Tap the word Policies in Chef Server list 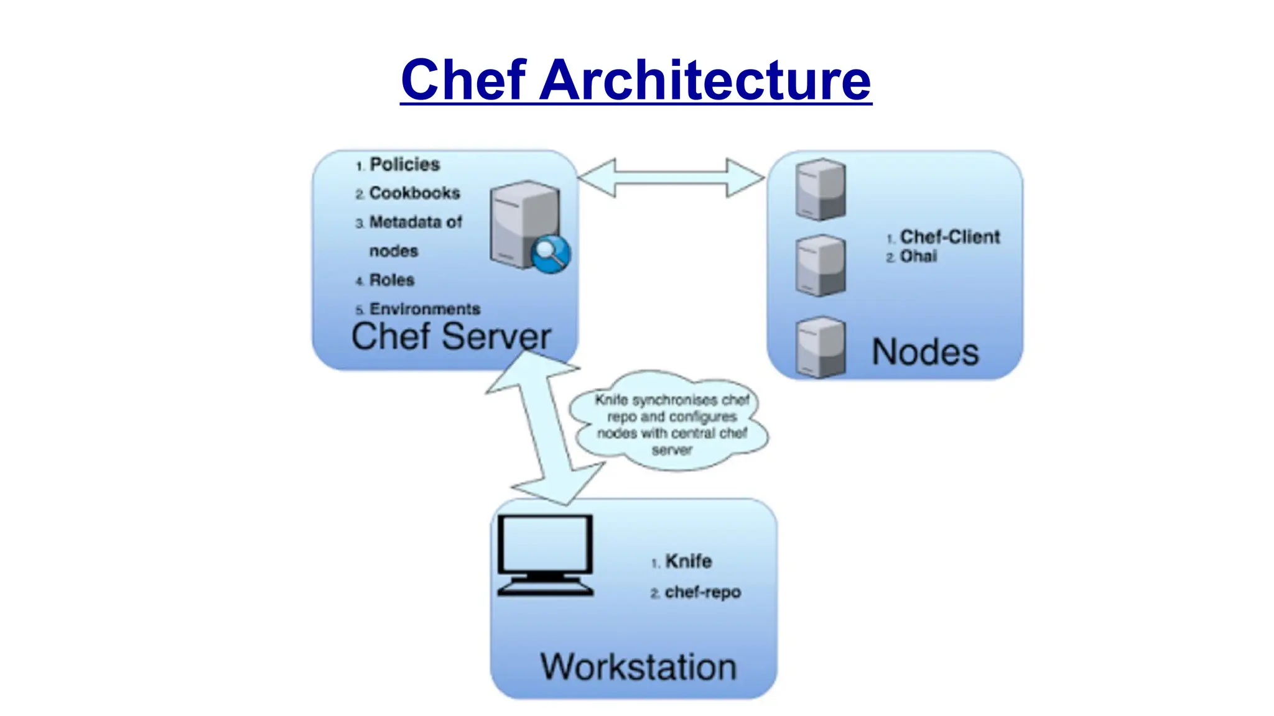coord(404,165)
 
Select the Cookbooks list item coord(414,193)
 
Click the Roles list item coord(391,280)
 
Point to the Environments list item coord(424,309)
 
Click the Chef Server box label coord(451,337)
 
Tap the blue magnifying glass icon coord(551,254)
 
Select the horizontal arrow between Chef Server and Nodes coord(671,178)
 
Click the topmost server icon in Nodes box coord(821,189)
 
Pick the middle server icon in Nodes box coord(821,265)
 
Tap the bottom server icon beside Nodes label coord(821,347)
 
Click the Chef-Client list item coord(949,237)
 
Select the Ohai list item coord(918,256)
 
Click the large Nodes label coord(925,352)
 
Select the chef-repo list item coord(702,592)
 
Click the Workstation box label coord(638,667)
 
